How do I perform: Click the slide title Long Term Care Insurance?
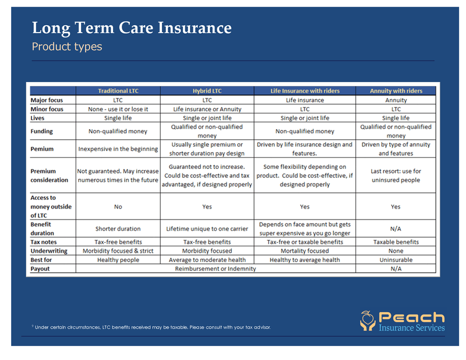click(x=132, y=28)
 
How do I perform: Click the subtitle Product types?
click(x=67, y=47)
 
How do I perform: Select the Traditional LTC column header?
click(x=118, y=91)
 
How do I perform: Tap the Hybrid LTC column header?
click(x=207, y=91)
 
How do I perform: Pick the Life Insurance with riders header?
click(x=305, y=91)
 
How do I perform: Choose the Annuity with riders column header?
click(x=396, y=91)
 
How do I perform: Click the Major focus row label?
click(x=47, y=100)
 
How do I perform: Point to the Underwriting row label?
click(x=50, y=251)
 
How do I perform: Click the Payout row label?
click(x=40, y=269)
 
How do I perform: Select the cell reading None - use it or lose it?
click(x=118, y=109)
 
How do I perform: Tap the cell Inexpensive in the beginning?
click(x=118, y=149)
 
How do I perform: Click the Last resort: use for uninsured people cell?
click(x=396, y=176)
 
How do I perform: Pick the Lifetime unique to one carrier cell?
click(x=207, y=229)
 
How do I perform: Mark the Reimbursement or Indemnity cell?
click(x=216, y=269)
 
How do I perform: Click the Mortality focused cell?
click(x=305, y=251)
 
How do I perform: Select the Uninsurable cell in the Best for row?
click(x=396, y=260)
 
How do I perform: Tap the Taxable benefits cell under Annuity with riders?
click(x=396, y=242)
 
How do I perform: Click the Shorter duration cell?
click(x=118, y=229)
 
